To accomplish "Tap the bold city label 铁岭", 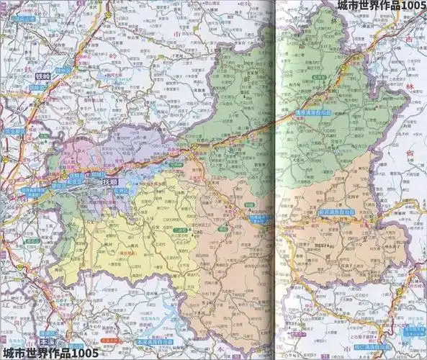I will click(44, 76).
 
